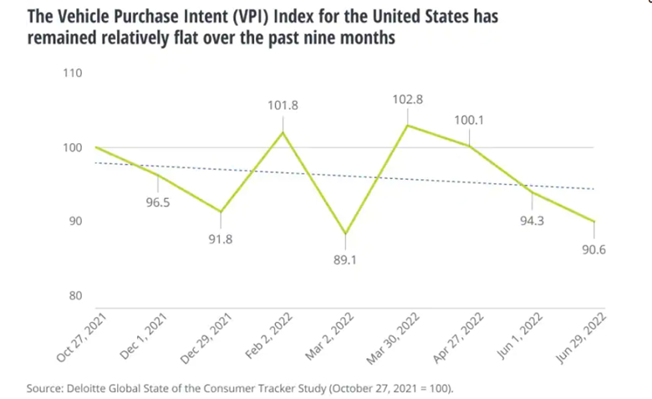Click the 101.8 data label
283,105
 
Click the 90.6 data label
594,248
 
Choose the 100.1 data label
468,120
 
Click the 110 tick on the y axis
72,74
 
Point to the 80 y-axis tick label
74,295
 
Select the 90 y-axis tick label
74,221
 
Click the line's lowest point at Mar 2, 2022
344,233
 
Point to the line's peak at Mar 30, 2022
407,125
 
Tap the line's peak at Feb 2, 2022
283,132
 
